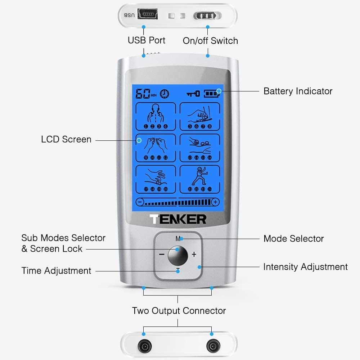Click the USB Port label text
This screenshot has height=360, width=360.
pos(147,40)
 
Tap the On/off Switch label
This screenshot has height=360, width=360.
pos(210,41)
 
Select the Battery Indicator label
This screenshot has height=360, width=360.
pos(298,91)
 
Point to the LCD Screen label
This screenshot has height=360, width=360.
pos(66,139)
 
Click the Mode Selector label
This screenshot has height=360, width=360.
pos(293,238)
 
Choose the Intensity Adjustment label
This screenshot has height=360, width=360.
pos(305,267)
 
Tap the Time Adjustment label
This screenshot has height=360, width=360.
pos(57,271)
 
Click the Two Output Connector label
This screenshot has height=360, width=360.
pos(179,311)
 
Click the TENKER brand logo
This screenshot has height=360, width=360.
pos(178,219)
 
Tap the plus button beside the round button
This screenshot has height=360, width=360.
pos(194,255)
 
